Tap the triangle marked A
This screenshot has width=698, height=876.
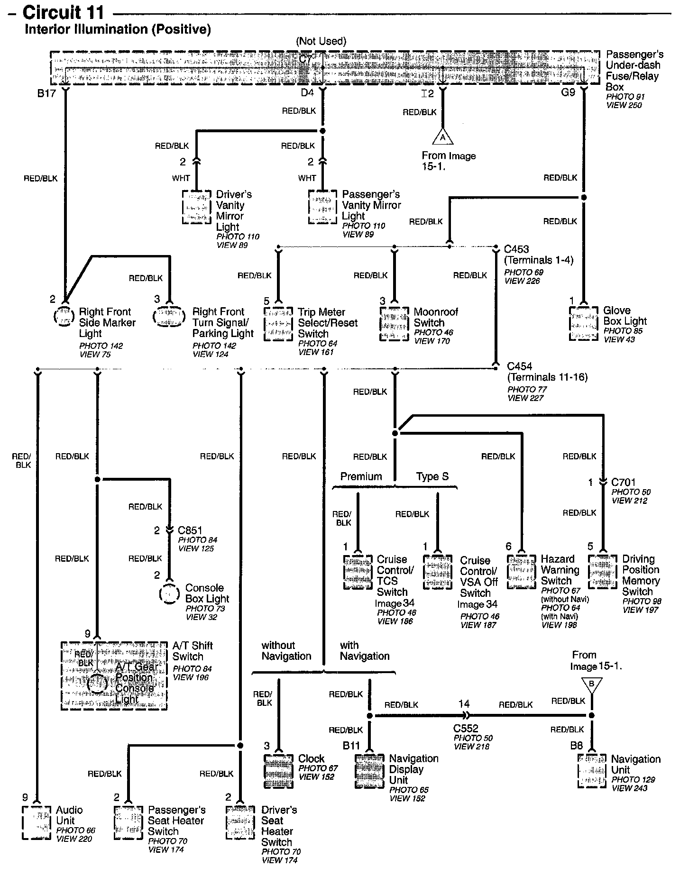coord(442,137)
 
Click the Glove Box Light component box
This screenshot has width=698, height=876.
coord(583,323)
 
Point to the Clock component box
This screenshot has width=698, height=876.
coord(278,770)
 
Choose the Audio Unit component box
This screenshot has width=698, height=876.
coord(37,822)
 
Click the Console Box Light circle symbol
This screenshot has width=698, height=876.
coord(169,593)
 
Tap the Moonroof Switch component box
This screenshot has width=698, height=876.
coord(394,324)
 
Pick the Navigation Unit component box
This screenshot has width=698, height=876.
coord(592,771)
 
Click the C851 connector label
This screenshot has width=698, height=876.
coord(190,530)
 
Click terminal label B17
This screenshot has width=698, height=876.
coord(46,93)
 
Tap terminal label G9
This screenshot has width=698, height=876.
coord(568,92)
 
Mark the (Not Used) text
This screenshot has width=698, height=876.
coord(321,41)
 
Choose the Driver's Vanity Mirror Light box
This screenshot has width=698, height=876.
coord(196,207)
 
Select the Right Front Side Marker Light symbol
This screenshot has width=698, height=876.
coord(64,316)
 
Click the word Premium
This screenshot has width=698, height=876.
coord(361,477)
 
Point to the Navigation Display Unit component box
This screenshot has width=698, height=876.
coord(369,771)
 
